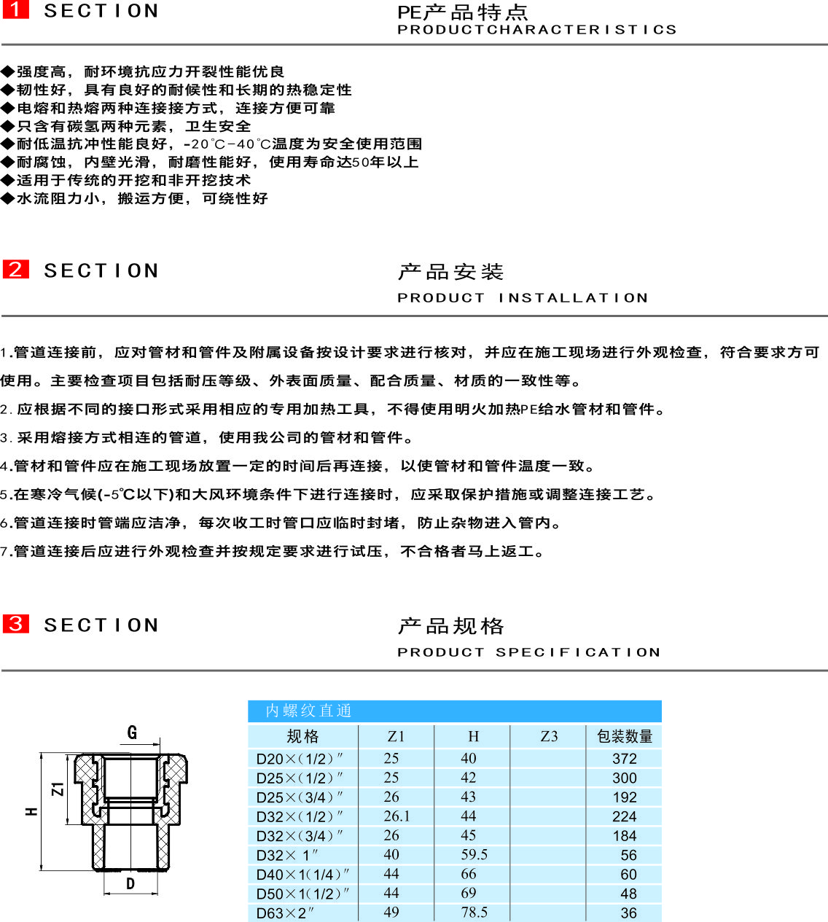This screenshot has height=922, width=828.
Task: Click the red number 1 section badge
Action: tap(15, 9)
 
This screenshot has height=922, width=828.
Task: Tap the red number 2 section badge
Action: tap(15, 269)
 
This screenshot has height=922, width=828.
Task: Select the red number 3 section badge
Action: tap(15, 624)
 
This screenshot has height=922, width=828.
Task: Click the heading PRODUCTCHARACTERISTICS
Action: tap(536, 30)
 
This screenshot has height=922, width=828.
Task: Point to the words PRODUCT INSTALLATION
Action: tap(523, 298)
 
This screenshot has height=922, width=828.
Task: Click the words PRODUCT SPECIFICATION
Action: tap(528, 652)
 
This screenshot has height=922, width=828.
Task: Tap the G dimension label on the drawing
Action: tap(132, 732)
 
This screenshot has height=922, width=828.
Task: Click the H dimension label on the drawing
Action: tap(31, 810)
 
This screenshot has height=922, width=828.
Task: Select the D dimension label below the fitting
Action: tap(130, 884)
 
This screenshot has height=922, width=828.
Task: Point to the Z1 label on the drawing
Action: tap(58, 789)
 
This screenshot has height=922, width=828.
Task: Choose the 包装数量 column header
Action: tap(625, 736)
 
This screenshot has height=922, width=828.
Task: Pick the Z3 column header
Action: tap(549, 736)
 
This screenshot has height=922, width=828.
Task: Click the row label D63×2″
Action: tap(285, 913)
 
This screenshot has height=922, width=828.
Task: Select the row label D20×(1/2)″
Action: tap(300, 759)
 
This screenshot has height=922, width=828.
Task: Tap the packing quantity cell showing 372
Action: tap(624, 759)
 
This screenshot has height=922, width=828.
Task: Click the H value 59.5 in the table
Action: tap(474, 854)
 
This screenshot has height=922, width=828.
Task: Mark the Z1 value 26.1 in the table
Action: tap(397, 816)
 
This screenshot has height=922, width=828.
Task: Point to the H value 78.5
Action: tap(474, 913)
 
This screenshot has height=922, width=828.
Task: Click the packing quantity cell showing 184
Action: tap(624, 836)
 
